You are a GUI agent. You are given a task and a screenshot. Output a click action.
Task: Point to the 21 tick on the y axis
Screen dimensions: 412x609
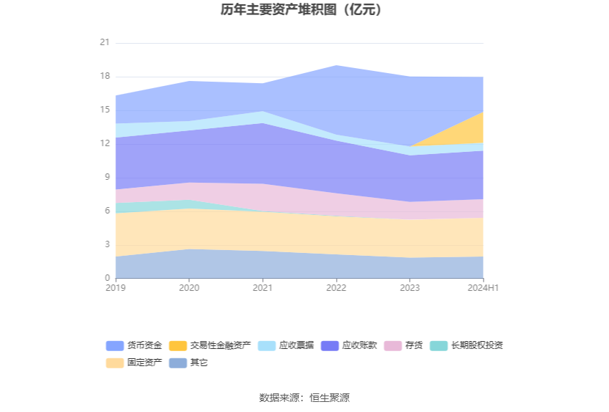[x=105, y=43]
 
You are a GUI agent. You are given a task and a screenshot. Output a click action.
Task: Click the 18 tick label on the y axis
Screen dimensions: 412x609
[x=105, y=77]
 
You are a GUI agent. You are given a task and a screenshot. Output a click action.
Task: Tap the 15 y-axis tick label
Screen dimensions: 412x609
[x=105, y=110]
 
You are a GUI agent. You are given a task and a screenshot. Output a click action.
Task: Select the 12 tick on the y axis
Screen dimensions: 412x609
[x=105, y=143]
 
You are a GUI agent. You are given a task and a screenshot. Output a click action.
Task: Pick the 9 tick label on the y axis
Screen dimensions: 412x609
[x=107, y=177]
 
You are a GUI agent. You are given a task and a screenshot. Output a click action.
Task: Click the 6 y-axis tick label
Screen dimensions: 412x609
[x=107, y=211]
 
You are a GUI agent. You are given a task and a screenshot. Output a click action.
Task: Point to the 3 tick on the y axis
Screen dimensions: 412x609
[x=107, y=244]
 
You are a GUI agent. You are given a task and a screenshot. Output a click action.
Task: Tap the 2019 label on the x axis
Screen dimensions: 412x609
[x=115, y=288]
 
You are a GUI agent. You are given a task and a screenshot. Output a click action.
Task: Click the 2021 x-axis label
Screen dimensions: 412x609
[x=262, y=288]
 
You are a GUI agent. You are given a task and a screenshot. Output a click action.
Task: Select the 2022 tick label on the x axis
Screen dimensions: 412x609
[x=336, y=288]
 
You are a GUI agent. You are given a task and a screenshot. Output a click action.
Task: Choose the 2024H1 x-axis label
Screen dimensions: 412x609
[x=483, y=288]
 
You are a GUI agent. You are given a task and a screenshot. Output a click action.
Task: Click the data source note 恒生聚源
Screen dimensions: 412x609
[x=304, y=398]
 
